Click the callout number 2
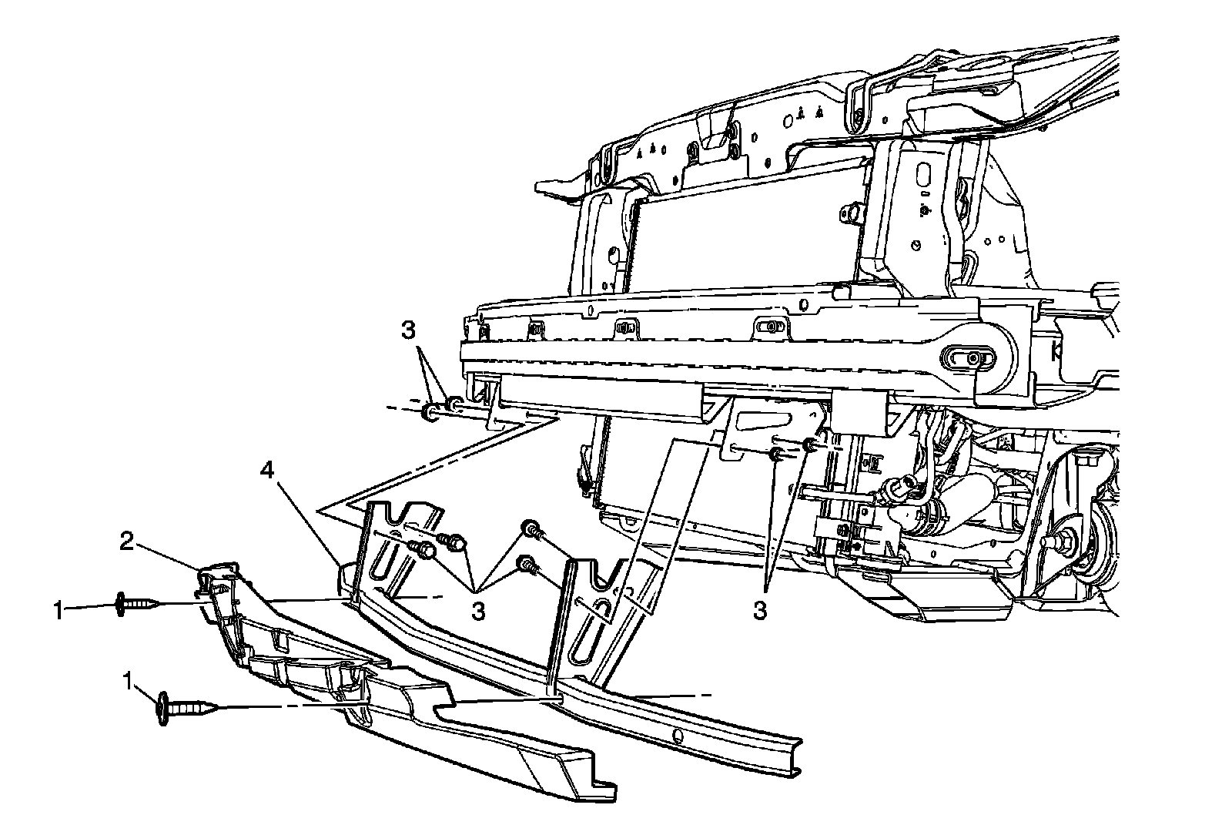click(x=127, y=542)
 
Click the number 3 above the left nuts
click(x=408, y=331)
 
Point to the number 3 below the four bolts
click(x=478, y=611)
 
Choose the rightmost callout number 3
click(x=760, y=611)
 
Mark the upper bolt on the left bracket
click(x=453, y=542)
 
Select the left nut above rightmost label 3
click(x=778, y=454)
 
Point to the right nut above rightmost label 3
click(x=809, y=444)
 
